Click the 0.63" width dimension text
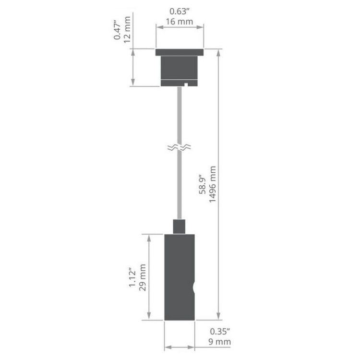(180, 10)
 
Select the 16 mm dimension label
(180, 21)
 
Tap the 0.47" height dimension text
(117, 30)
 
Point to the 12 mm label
(128, 30)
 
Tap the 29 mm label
(143, 277)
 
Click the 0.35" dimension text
(221, 331)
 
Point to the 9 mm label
(221, 342)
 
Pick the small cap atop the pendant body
(180, 226)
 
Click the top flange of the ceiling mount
(180, 51)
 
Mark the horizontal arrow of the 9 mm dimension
(180, 346)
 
